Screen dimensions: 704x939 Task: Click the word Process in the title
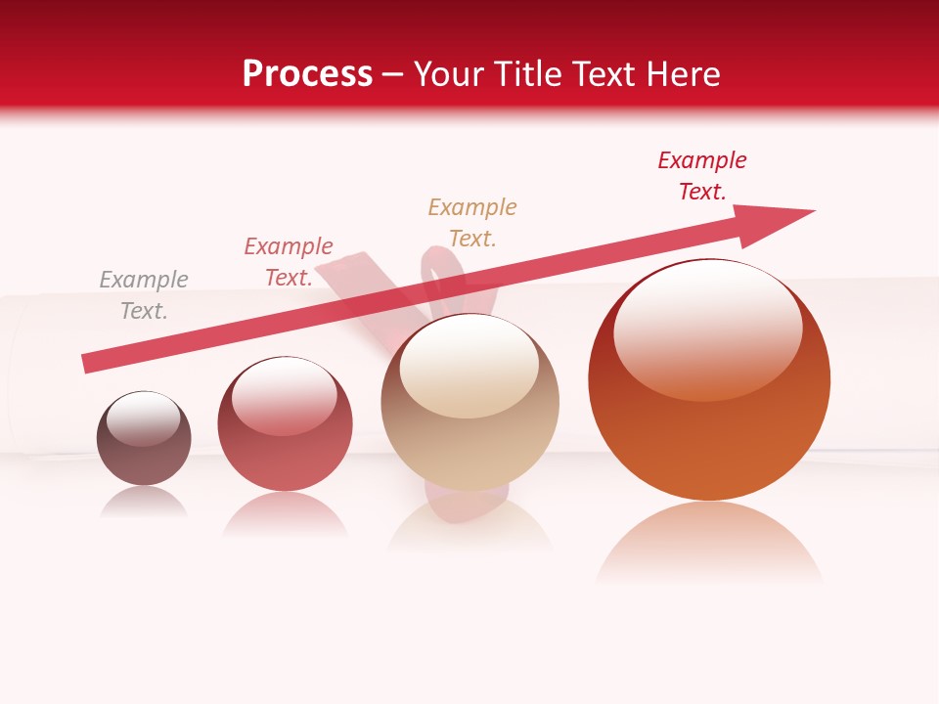[x=307, y=74]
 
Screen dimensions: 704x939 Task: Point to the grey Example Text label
[x=143, y=295]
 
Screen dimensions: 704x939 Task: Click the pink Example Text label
[x=289, y=262]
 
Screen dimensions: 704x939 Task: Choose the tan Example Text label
[x=472, y=223]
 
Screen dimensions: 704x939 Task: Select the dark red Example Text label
[x=702, y=176]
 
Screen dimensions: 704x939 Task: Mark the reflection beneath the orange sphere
[x=709, y=543]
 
